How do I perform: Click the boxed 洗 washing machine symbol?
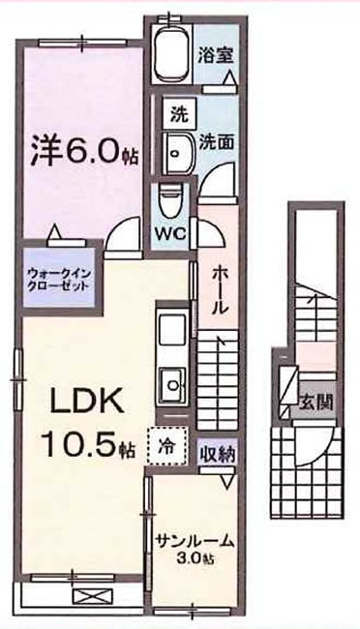[x=177, y=112]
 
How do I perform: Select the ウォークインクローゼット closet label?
[x=59, y=281]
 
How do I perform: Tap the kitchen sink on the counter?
[x=174, y=381]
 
